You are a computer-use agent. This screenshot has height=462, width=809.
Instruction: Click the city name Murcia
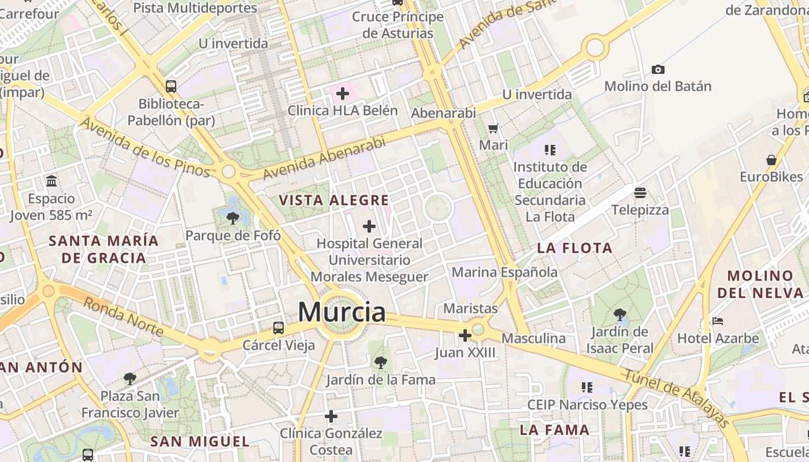point(342,312)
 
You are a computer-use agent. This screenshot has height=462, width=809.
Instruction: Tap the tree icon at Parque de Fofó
point(233,218)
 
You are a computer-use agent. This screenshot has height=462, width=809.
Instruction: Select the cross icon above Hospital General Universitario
point(369,226)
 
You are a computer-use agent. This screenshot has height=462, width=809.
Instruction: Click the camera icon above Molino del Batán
point(658,70)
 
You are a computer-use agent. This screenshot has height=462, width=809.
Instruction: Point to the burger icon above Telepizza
point(640,192)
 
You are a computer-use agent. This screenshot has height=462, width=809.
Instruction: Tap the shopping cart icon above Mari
point(493,128)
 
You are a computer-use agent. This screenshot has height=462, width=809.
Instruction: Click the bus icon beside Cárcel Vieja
point(279,328)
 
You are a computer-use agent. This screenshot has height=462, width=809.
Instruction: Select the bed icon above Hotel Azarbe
point(718,321)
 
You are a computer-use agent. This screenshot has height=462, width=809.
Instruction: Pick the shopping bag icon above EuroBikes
point(771,160)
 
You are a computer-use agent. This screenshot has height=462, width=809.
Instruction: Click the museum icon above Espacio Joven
point(51,181)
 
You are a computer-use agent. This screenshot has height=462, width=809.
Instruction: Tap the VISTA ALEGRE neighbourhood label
point(334,200)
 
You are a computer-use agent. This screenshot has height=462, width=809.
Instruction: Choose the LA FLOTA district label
point(574,248)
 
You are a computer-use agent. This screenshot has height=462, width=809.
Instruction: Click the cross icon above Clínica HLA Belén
point(343,93)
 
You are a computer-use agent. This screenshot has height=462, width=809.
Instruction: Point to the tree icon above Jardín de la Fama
point(380,363)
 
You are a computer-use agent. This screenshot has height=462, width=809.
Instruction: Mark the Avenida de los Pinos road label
point(144,147)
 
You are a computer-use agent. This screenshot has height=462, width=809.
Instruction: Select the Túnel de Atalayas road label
point(676,397)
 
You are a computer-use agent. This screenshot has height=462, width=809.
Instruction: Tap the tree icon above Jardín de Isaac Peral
point(620,315)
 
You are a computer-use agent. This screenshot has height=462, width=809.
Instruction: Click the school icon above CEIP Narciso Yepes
point(587,388)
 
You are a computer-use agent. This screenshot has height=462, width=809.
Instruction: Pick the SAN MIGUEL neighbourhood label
point(200,442)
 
